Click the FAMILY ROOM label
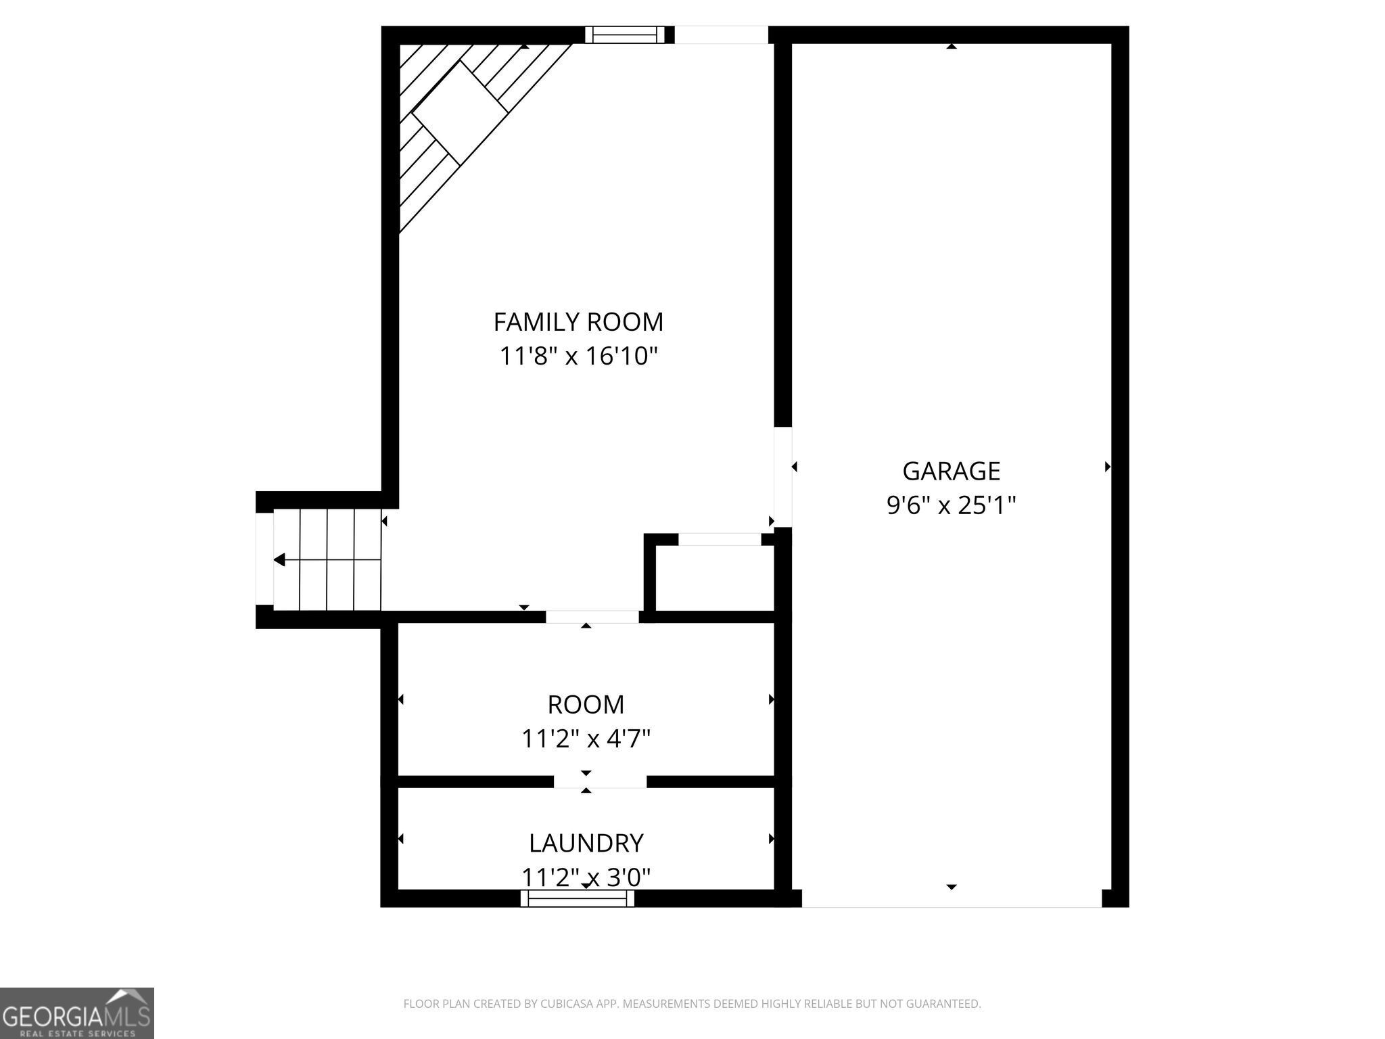tap(578, 322)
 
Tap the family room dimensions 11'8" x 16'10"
tap(578, 356)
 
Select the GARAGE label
tap(951, 471)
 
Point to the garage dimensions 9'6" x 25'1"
tap(951, 505)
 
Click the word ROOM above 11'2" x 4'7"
tap(586, 705)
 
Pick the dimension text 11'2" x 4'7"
tap(586, 739)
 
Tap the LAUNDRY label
tap(586, 844)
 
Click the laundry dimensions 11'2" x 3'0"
tap(586, 877)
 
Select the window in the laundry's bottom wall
tap(578, 898)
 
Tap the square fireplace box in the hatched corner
tap(460, 113)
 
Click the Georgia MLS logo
tap(76, 1013)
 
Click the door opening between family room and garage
tap(782, 477)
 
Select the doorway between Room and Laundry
tap(600, 782)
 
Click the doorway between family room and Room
tap(592, 617)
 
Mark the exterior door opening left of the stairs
tap(264, 560)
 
